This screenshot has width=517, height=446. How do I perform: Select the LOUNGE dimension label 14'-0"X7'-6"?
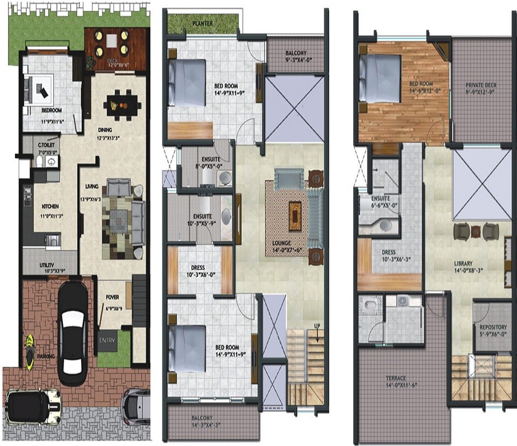point(282,247)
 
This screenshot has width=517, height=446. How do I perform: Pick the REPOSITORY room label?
point(493,330)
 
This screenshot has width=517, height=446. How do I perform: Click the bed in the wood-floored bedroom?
point(380,76)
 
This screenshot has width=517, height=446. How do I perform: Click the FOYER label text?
point(112,297)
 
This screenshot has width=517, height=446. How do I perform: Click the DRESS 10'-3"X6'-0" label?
point(199,271)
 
